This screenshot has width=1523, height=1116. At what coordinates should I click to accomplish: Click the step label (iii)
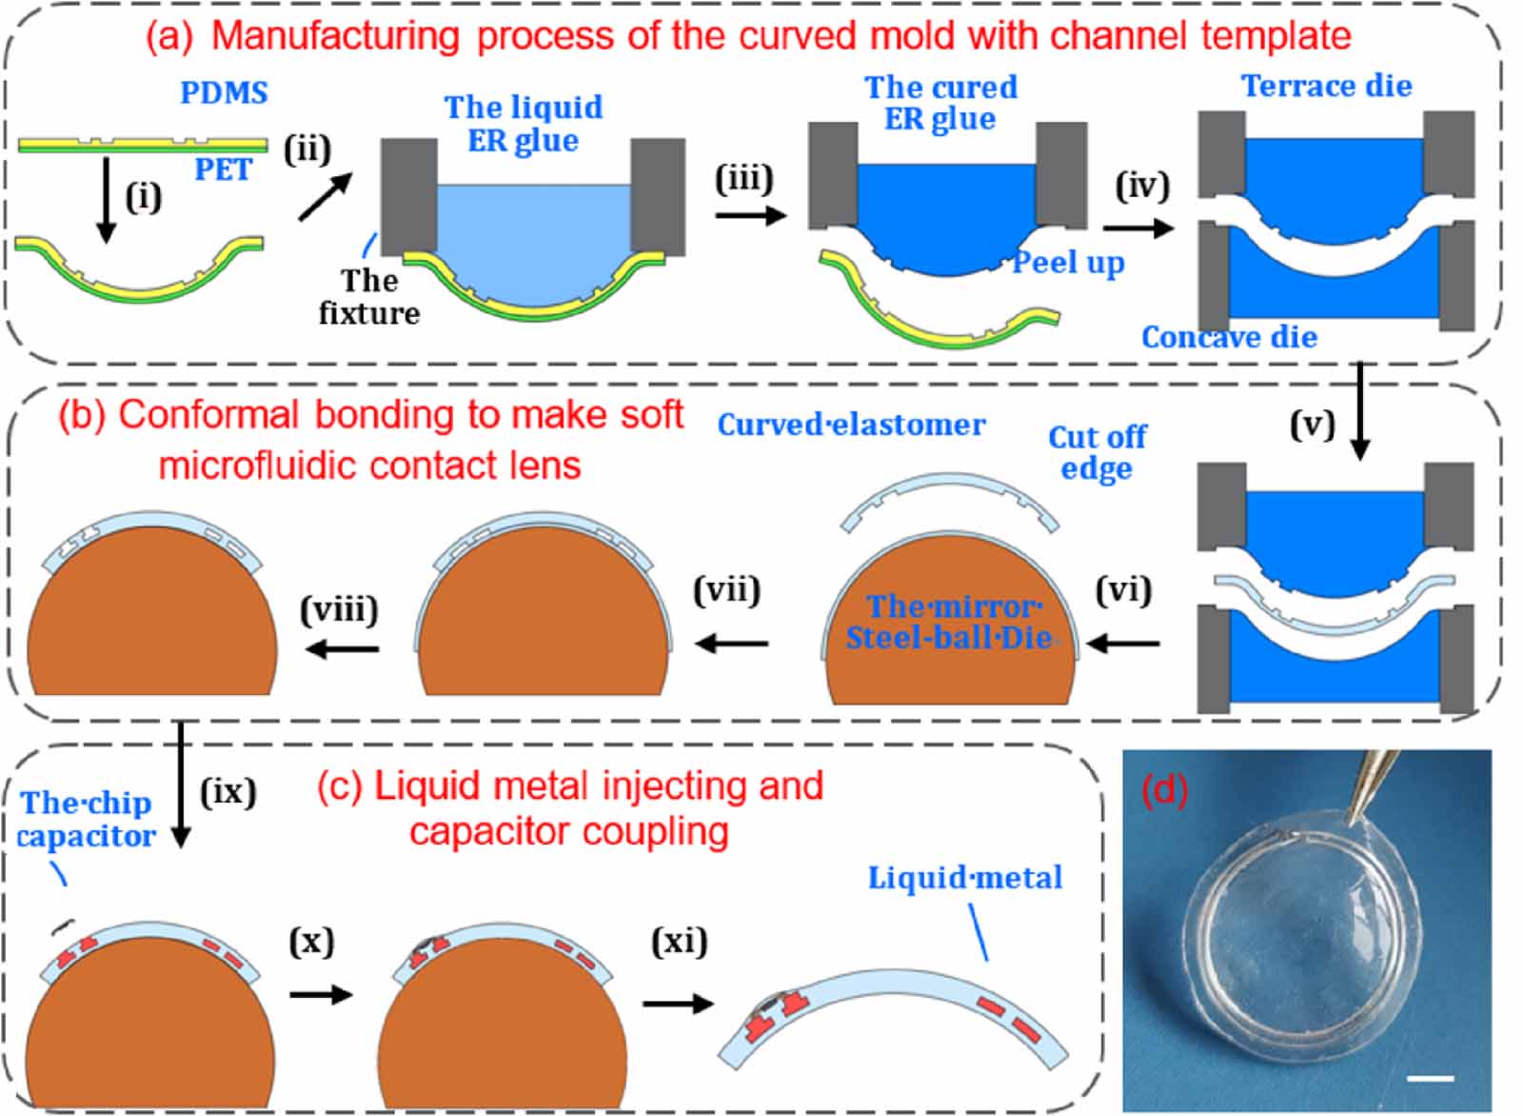coord(743,178)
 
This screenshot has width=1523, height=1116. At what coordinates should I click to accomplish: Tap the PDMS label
coord(224,92)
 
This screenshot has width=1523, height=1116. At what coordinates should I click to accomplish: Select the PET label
coord(223,169)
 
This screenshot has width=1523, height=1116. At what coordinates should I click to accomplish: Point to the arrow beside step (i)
coord(107,200)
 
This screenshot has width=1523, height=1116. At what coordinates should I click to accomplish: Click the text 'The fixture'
coord(369,296)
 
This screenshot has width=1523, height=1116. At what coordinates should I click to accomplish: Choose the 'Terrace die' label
coord(1326,86)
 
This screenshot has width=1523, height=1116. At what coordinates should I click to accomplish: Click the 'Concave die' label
coord(1229,337)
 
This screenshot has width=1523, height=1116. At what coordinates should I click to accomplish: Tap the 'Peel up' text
coord(1068,262)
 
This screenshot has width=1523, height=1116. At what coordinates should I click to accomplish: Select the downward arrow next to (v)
coord(1360,410)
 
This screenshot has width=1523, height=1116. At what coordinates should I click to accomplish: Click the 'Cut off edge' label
coord(1097,452)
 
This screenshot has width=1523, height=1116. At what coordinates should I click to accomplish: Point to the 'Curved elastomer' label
coord(851,425)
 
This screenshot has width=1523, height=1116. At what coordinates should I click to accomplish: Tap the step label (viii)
coord(339,608)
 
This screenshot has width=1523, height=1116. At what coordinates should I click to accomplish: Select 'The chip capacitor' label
coord(86,819)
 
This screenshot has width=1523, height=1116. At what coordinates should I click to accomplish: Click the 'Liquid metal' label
coord(964,877)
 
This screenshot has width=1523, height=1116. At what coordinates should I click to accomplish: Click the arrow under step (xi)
coord(678,1004)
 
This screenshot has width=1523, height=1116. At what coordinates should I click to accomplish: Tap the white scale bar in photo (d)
coord(1430,1078)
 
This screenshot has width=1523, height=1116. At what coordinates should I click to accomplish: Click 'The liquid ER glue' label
coord(524,123)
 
